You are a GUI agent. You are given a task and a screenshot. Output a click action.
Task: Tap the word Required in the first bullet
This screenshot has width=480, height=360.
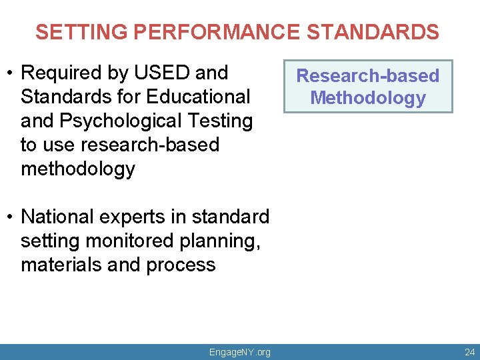click(66, 72)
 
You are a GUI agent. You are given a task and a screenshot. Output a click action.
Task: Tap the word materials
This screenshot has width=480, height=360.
click(61, 265)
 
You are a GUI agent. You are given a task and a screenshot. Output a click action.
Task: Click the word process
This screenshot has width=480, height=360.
click(181, 265)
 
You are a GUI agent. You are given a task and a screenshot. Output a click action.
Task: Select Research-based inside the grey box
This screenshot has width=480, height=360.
click(367, 76)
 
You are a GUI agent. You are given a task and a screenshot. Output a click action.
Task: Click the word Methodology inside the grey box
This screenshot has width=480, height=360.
click(367, 99)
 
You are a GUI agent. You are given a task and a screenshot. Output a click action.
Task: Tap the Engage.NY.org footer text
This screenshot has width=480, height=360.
click(239, 352)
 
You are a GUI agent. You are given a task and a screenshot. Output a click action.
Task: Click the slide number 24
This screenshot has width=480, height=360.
click(469, 352)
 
